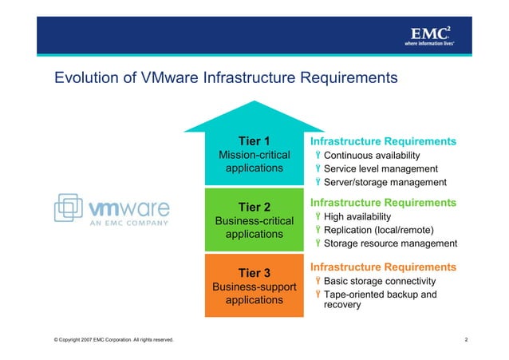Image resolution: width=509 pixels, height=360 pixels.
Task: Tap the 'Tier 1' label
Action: [254, 141]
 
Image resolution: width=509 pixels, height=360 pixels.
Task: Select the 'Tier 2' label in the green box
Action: [254, 208]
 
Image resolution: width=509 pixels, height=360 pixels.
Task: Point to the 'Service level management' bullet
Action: [381, 168]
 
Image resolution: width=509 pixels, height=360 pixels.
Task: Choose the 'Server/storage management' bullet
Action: [385, 182]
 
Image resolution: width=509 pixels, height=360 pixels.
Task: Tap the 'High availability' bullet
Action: [357, 216]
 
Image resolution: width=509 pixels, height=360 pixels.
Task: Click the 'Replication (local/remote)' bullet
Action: [378, 230]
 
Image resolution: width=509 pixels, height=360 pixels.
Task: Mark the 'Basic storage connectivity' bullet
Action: [379, 281]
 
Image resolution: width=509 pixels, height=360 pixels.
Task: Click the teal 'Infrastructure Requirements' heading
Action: [383, 141]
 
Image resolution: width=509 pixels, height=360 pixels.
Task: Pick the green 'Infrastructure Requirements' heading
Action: [383, 202]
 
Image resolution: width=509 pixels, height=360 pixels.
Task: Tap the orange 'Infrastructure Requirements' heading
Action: [383, 267]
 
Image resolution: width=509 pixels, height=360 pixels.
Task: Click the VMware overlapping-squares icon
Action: [69, 208]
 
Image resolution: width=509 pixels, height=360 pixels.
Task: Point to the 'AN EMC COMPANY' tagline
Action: [128, 223]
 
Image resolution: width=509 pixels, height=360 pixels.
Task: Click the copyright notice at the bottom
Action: [112, 341]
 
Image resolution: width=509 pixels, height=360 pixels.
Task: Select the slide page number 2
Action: [465, 341]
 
